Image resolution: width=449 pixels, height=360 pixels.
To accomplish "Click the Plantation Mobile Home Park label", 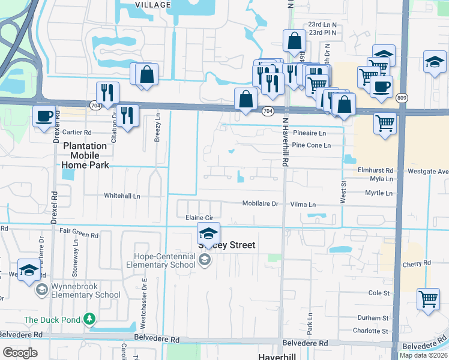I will (85, 155).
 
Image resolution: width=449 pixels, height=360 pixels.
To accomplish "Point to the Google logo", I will (20, 353).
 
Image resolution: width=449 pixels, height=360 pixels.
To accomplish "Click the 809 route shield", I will (402, 97).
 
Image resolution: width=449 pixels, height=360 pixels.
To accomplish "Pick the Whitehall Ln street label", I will (122, 196).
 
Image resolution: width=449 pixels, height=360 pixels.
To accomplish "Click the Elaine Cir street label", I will (200, 218).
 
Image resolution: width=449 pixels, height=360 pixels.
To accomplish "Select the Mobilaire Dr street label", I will (261, 203).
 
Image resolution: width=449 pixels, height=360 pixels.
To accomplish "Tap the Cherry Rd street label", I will (417, 263).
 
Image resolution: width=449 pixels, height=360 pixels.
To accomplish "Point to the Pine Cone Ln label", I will (311, 145).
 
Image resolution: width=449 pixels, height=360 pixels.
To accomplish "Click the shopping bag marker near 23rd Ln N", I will (295, 42).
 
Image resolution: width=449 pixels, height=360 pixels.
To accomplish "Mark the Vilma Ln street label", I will (303, 205).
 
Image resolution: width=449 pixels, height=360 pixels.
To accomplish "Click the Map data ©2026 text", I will (423, 355).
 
